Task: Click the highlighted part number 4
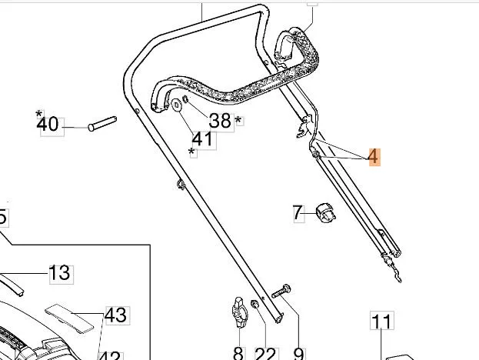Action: (373, 157)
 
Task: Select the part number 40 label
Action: (48, 124)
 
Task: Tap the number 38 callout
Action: (220, 120)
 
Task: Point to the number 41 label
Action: (201, 139)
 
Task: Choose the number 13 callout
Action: (59, 272)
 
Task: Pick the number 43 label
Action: (115, 315)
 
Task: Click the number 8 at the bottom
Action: (238, 353)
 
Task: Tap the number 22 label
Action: (265, 353)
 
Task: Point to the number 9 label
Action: (299, 353)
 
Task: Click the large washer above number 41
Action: (178, 105)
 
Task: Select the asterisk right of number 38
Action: (238, 121)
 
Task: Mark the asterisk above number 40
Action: (38, 114)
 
